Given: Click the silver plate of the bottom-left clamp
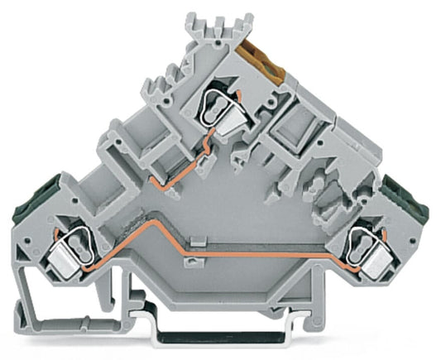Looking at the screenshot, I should pos(66,262).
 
